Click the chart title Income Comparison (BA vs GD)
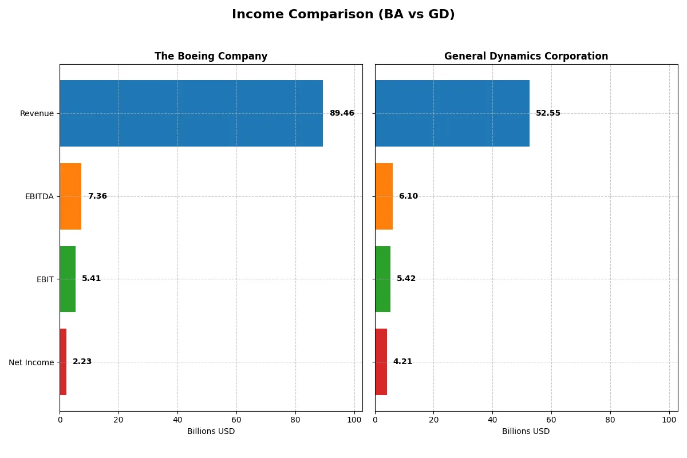click(x=343, y=15)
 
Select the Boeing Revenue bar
click(x=191, y=113)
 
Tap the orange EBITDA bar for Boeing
click(x=70, y=196)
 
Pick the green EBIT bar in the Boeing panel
click(x=68, y=279)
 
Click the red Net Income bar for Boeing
click(x=63, y=362)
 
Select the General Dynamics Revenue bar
click(x=452, y=113)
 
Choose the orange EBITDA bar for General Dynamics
click(x=384, y=196)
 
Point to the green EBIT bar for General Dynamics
click(x=382, y=279)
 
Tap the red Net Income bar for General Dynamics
click(x=381, y=362)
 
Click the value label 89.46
click(x=342, y=113)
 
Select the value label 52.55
click(x=548, y=113)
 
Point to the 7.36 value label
click(x=97, y=196)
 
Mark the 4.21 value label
click(x=402, y=362)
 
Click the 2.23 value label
click(x=82, y=362)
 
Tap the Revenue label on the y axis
click(x=37, y=113)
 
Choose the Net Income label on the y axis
click(x=31, y=362)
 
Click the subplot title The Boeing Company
click(x=211, y=57)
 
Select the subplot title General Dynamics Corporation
click(x=526, y=57)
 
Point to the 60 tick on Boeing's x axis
click(x=236, y=420)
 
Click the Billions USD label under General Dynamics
click(x=526, y=432)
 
